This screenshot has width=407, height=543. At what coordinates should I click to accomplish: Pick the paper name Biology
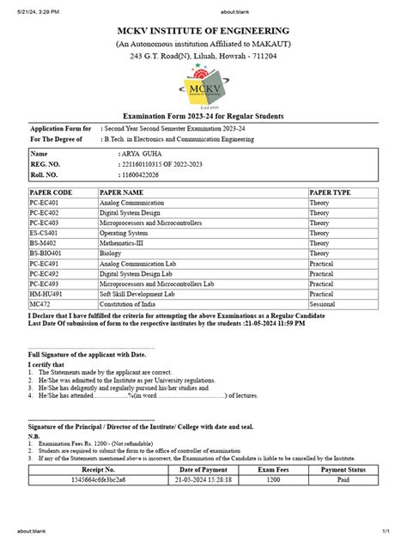tap(112, 253)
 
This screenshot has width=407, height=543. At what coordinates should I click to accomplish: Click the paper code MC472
tap(39, 305)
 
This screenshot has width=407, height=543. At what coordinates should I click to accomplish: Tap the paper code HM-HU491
tap(46, 295)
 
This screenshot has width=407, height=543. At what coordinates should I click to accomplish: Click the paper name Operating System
tap(125, 233)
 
